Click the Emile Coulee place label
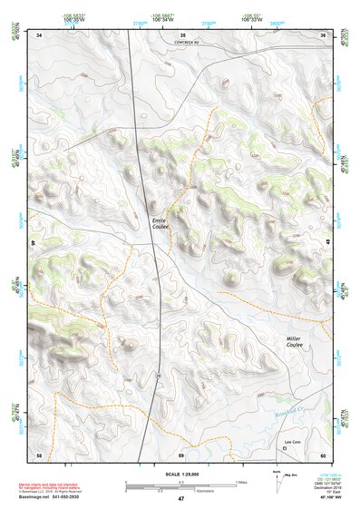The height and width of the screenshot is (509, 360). click(x=160, y=223)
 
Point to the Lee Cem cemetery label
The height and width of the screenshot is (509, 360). click(x=291, y=440)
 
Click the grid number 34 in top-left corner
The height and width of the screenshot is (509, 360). click(x=39, y=34)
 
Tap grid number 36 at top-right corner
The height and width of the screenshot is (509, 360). click(x=323, y=34)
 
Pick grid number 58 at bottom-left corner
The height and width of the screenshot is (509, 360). click(x=39, y=454)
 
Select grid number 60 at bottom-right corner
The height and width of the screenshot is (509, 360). click(x=323, y=454)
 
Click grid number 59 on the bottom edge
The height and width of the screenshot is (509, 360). click(x=181, y=454)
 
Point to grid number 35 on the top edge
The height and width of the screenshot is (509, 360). click(x=181, y=34)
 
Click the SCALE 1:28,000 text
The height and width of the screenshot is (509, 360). click(x=180, y=474)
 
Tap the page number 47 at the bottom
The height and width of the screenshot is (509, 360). click(x=180, y=499)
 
